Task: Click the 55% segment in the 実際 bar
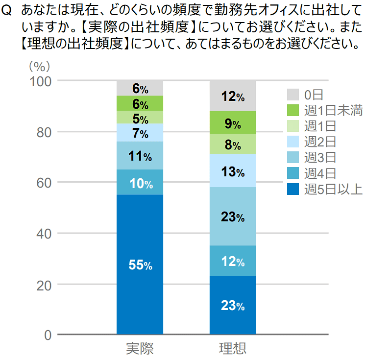pyautogui.click(x=140, y=264)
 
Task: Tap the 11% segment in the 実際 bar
pyautogui.click(x=140, y=156)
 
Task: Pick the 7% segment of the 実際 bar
pyautogui.click(x=140, y=133)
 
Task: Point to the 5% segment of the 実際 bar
pyautogui.click(x=140, y=118)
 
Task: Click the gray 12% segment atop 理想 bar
pyautogui.click(x=232, y=96)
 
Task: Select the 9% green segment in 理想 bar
pyautogui.click(x=232, y=123)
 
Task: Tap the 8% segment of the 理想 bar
pyautogui.click(x=232, y=144)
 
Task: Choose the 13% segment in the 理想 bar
pyautogui.click(x=232, y=171)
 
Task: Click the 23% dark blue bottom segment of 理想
pyautogui.click(x=232, y=305)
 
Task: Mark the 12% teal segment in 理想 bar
pyautogui.click(x=232, y=261)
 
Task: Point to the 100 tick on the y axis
pyautogui.click(x=41, y=81)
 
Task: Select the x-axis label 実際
pyautogui.click(x=140, y=348)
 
